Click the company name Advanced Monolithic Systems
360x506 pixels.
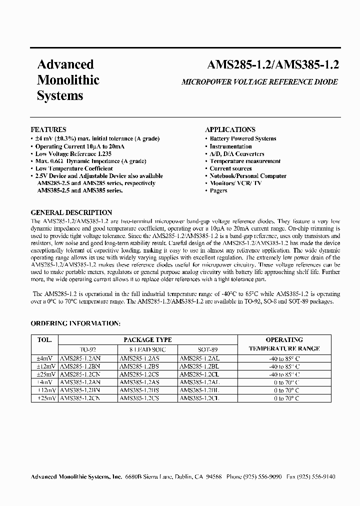coord(68,80)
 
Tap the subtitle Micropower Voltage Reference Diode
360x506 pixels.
coord(259,82)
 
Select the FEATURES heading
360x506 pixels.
coord(48,129)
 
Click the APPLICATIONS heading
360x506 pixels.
coord(230,129)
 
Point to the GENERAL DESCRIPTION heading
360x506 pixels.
coord(71,212)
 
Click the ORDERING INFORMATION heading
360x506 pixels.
coord(75,323)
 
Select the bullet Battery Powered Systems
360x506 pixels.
coord(242,139)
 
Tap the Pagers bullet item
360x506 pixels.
coord(218,190)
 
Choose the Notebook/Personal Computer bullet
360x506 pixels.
coord(248,176)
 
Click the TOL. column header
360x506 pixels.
coord(44,339)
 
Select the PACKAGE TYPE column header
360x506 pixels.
coord(147,339)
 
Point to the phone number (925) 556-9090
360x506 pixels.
coord(263,477)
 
